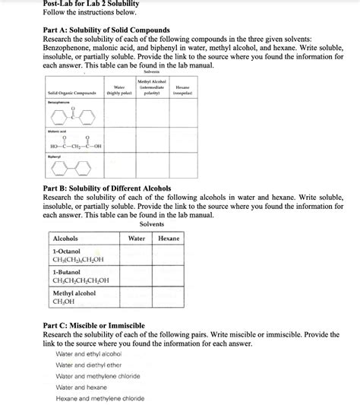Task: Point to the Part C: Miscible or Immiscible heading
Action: click(94, 325)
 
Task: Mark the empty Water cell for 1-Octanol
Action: click(137, 255)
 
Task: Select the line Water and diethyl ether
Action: click(89, 365)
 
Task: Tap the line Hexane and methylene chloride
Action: click(99, 398)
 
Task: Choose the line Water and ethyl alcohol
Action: click(89, 353)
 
